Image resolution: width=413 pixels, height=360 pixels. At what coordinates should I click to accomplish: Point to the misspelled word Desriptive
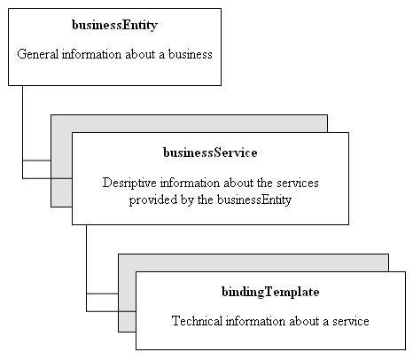pos(129,183)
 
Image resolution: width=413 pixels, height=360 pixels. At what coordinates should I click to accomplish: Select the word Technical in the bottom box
pos(197,321)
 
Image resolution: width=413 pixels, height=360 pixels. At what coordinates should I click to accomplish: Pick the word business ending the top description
pos(189,54)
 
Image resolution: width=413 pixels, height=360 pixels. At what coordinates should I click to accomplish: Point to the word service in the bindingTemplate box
pos(349,321)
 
